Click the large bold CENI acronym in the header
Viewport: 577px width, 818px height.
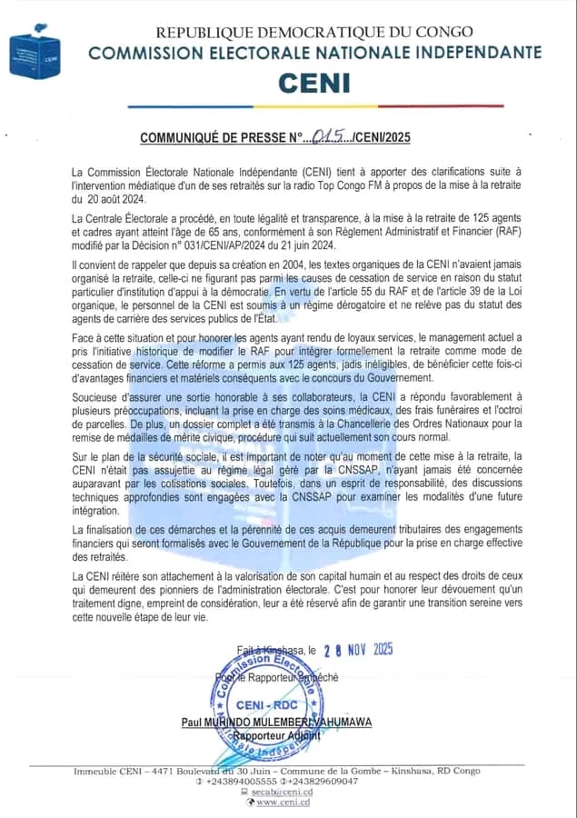click(x=313, y=83)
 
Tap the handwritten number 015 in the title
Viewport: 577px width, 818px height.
click(x=325, y=137)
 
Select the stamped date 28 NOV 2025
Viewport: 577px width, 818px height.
click(x=359, y=650)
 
